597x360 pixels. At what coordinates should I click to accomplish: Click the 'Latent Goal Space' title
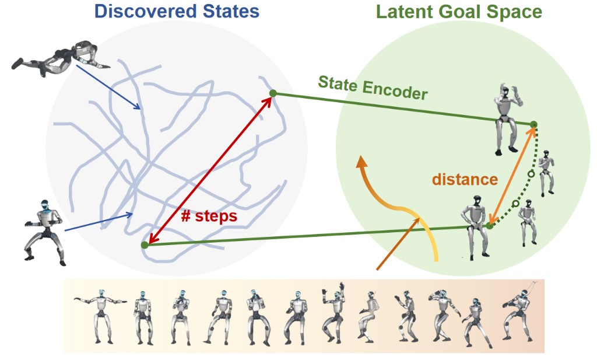click(459, 12)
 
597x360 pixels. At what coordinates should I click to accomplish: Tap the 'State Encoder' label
click(373, 88)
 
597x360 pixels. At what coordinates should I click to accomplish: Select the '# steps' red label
click(209, 216)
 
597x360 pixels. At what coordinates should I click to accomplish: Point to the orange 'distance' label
click(465, 179)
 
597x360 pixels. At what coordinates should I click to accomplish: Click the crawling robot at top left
click(61, 58)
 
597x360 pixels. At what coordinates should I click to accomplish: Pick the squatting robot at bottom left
click(44, 232)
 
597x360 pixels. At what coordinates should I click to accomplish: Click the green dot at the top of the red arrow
click(273, 93)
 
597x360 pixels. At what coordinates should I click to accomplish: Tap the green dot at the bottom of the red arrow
click(145, 245)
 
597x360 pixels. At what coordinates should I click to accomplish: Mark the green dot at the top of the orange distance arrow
click(534, 124)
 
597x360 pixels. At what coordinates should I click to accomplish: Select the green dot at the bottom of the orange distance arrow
click(490, 226)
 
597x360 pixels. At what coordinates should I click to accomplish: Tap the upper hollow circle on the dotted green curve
click(532, 174)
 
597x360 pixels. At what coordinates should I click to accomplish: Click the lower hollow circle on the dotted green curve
click(515, 204)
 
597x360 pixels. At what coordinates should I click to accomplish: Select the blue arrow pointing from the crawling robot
click(108, 87)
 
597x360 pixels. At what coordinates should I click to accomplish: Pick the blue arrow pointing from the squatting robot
click(99, 222)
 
